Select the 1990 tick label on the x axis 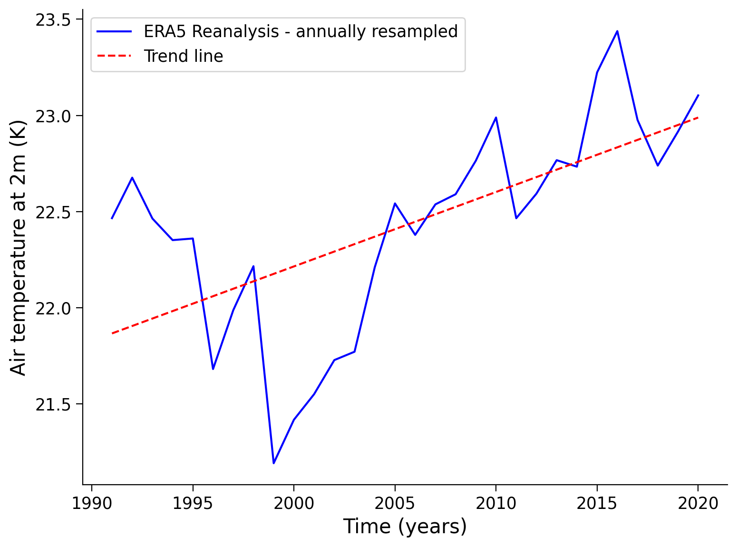pos(91,503)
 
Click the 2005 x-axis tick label pos(395,503)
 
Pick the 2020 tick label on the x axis pos(698,503)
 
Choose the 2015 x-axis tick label pos(597,503)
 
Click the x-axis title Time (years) pos(405,527)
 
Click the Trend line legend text pos(184,56)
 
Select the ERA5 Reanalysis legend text pos(301,31)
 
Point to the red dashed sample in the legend pos(114,56)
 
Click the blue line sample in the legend pos(114,31)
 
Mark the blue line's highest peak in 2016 pos(617,31)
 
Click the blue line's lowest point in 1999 pos(273,463)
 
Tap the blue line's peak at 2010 pos(496,117)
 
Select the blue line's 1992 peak pos(132,177)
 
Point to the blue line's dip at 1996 pos(213,369)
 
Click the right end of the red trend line pos(698,117)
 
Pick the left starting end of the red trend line pos(112,333)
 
